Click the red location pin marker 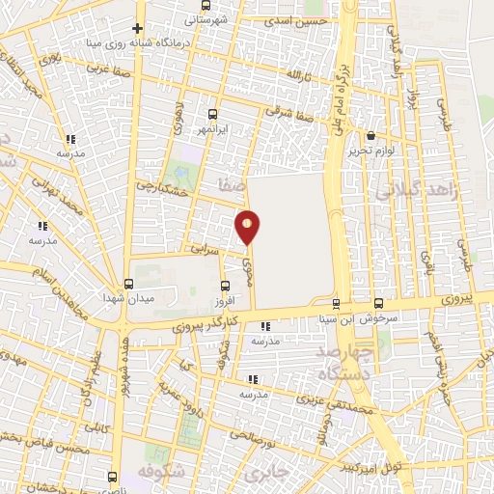click(x=248, y=227)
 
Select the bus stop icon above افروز click(x=225, y=286)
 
